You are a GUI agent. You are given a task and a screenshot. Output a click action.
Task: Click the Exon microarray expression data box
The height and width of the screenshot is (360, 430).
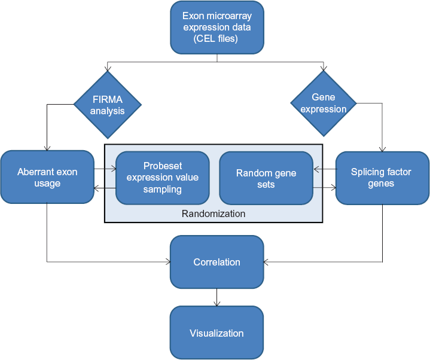tap(217, 28)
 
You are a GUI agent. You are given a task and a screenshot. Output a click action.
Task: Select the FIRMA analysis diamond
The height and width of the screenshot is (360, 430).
tap(108, 105)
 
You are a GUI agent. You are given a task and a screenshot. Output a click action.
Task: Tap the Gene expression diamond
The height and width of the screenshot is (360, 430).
tap(324, 103)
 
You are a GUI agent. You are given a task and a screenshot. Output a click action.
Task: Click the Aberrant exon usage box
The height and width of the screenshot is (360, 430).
tap(47, 177)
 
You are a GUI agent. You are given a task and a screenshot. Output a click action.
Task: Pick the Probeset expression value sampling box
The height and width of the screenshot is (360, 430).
tap(163, 178)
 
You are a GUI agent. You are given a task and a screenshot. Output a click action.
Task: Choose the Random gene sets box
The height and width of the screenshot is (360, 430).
tap(266, 178)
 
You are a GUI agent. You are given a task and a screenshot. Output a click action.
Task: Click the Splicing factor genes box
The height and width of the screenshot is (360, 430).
tap(382, 178)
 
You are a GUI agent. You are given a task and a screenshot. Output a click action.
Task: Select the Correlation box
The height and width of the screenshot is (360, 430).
tap(217, 262)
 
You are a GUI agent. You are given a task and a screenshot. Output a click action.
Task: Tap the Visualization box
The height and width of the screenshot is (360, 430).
tap(216, 333)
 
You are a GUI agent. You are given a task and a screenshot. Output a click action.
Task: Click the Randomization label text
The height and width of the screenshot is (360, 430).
tap(214, 213)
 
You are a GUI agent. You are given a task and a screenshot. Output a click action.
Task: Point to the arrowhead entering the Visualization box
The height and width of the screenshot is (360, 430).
tap(217, 303)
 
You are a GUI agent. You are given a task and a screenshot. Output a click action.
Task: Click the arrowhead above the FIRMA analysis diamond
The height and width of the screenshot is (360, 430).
tap(108, 68)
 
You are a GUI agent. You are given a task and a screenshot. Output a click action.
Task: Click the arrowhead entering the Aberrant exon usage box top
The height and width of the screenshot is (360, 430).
tap(47, 148)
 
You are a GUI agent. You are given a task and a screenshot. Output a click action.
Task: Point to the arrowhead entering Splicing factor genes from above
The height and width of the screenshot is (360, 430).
tap(382, 149)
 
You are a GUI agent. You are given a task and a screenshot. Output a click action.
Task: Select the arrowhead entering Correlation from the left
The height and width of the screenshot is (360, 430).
tap(167, 262)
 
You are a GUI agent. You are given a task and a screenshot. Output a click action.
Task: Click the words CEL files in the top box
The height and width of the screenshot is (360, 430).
tap(215, 38)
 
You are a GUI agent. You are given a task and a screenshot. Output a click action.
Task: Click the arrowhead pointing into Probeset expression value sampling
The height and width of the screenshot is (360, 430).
tap(112, 169)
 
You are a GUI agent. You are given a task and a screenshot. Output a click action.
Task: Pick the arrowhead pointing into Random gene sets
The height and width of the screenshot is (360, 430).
tap(316, 169)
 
